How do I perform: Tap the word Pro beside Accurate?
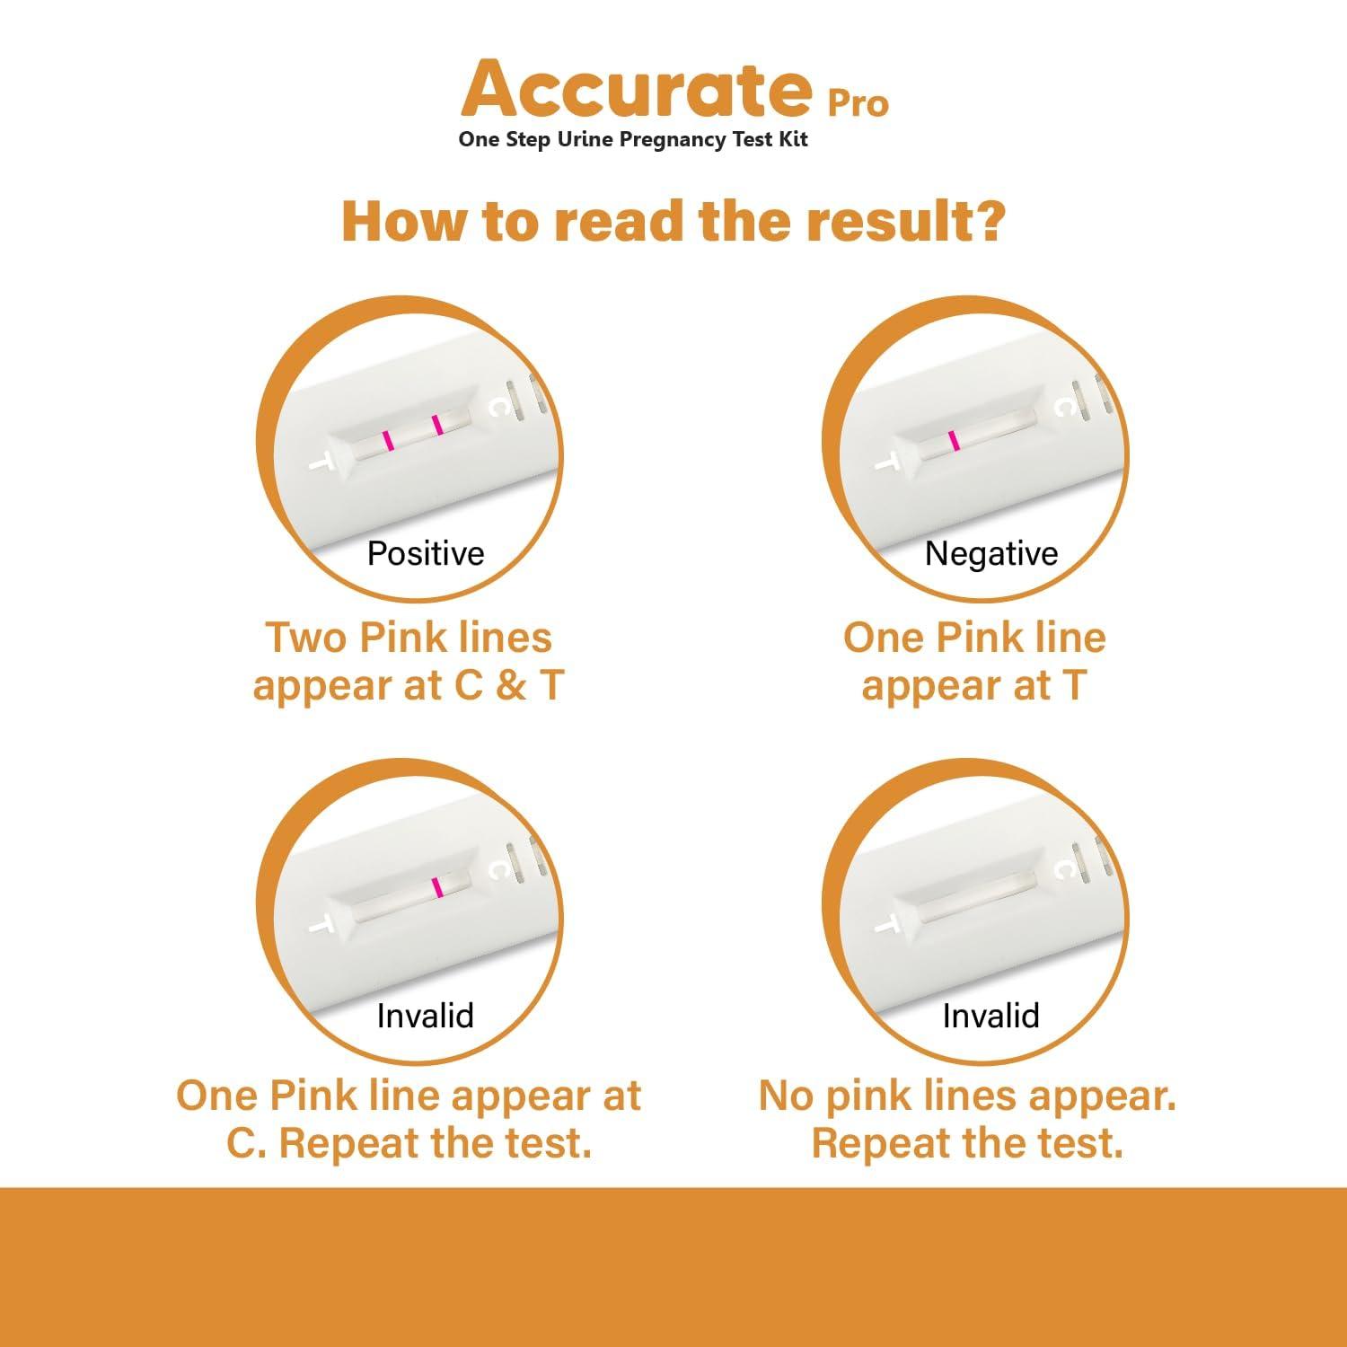858,104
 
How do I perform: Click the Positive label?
426,553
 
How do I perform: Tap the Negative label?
991,553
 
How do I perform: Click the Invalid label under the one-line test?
425,1016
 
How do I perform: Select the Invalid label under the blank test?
990,1016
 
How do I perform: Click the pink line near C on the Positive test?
437,425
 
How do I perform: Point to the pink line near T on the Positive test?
387,440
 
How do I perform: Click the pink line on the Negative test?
953,440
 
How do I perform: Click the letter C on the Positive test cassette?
497,408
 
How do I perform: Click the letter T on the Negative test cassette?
886,463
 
